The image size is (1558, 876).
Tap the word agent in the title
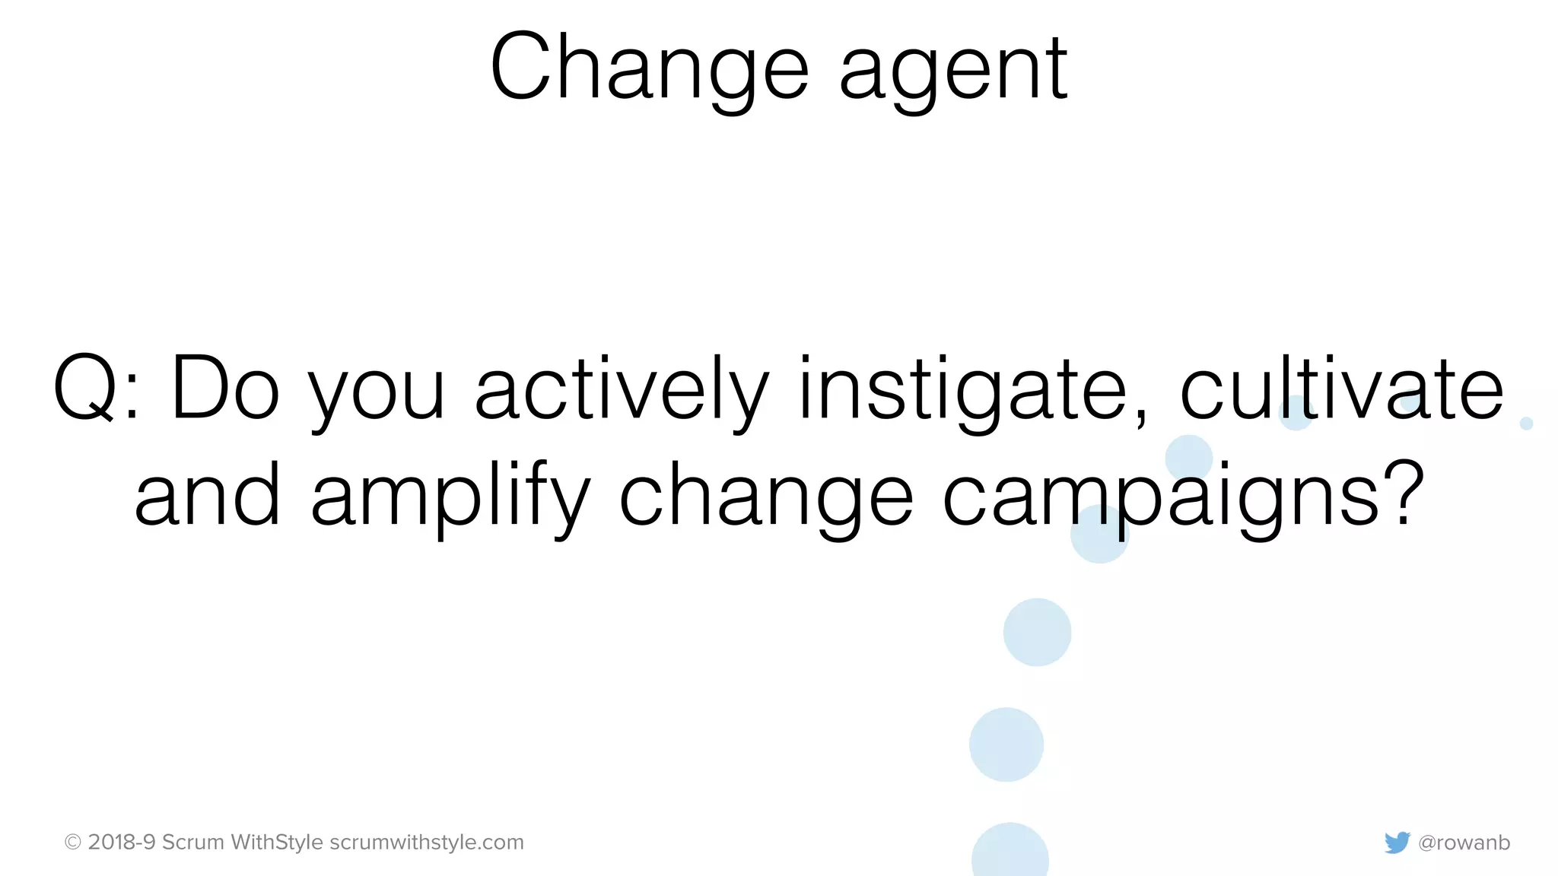click(954, 72)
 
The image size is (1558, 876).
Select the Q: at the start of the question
click(96, 388)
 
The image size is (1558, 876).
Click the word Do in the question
click(226, 388)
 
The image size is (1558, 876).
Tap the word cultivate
click(1342, 388)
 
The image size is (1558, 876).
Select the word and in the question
click(207, 496)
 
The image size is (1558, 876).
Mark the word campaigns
click(1160, 498)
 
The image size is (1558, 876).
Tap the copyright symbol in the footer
click(73, 842)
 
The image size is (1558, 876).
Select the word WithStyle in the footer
click(277, 842)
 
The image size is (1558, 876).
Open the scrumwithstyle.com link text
click(427, 842)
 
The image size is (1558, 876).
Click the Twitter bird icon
click(1397, 843)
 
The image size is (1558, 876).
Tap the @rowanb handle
click(1464, 843)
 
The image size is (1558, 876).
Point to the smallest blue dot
click(1526, 424)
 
